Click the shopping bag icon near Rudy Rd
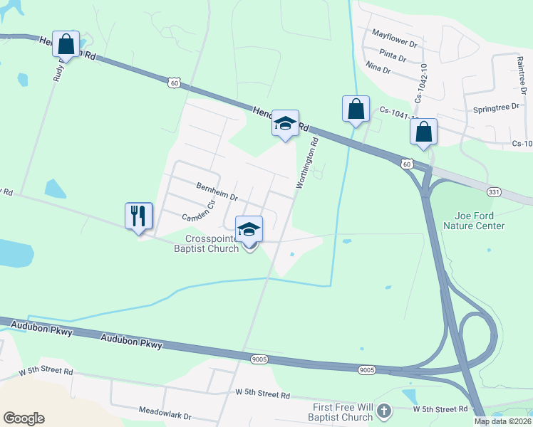[x=66, y=44]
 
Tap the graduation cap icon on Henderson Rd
[x=285, y=123]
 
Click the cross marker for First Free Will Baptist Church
[x=384, y=411]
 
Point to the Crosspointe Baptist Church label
[x=212, y=243]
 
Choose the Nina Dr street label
[x=378, y=70]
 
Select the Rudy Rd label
[x=58, y=68]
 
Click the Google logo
[x=24, y=418]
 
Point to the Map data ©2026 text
[x=503, y=421]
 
